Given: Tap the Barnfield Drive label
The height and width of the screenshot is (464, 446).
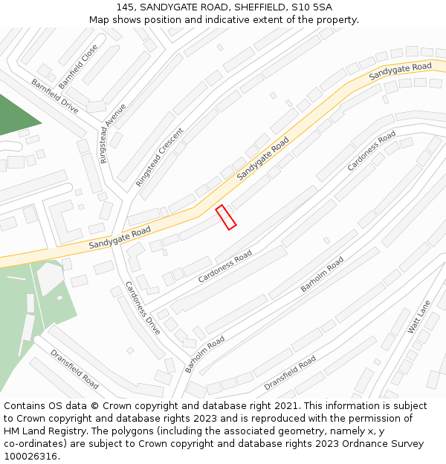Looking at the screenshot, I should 54,96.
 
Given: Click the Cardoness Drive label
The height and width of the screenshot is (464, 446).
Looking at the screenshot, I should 143,307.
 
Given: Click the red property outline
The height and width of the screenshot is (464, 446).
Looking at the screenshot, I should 226,218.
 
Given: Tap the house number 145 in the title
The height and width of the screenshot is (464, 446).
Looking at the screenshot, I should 125,7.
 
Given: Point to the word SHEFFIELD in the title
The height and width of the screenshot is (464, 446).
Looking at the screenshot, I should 258,7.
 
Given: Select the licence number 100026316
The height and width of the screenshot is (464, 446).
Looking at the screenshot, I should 30,457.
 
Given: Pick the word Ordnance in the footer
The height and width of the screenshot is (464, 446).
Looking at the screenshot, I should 360,444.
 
